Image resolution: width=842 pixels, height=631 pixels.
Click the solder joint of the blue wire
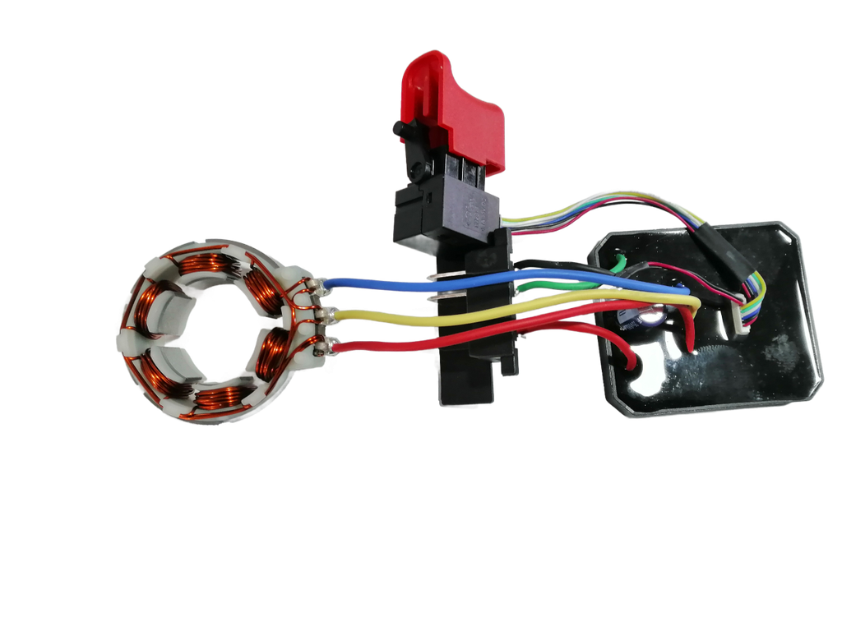click(315, 286)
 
